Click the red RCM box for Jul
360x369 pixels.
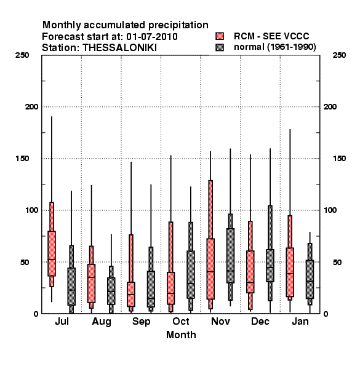tap(52, 253)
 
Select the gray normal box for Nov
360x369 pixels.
tap(230, 255)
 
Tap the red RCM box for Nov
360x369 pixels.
tap(210, 269)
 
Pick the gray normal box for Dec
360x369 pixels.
tap(270, 265)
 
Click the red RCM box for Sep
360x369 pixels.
tap(131, 294)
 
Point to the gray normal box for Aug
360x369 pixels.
tap(111, 291)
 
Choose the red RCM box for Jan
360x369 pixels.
tap(290, 272)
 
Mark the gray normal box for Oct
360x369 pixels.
tap(191, 274)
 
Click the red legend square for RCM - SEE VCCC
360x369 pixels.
tap(220, 36)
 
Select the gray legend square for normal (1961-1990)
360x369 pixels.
tap(220, 47)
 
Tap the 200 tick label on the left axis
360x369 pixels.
tap(31, 106)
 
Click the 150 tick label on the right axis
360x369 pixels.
tap(339, 159)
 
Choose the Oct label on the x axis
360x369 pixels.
tap(181, 321)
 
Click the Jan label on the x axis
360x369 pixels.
tap(300, 321)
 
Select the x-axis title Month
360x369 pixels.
tap(181, 335)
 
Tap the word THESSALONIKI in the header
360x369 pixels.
tap(119, 48)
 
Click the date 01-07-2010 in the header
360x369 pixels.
tap(152, 36)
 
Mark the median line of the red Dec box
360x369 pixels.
tap(250, 282)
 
